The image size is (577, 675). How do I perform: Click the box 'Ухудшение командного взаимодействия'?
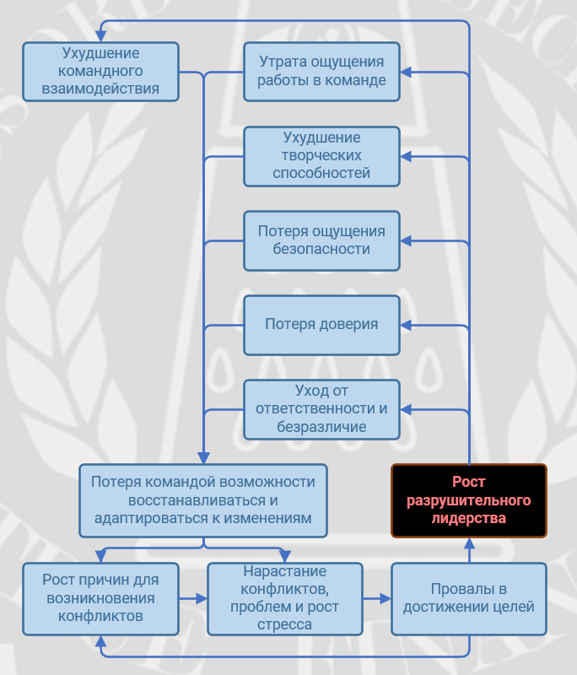100,72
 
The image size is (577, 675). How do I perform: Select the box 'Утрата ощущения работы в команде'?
321,72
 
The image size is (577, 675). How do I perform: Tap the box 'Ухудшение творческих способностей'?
321,156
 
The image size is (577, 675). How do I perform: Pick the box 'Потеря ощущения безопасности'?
321,240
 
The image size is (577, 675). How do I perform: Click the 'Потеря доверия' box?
321,325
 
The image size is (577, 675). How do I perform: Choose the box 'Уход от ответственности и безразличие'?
321,409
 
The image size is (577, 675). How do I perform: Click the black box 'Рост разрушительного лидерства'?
468,500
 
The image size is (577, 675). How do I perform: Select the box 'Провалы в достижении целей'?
468,598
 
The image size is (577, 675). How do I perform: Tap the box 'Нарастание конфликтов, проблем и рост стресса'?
284,598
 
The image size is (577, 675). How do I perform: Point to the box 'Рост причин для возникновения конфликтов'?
100,598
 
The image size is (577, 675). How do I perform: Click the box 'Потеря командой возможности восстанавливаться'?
202,500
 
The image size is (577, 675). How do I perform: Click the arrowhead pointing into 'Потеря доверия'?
406,325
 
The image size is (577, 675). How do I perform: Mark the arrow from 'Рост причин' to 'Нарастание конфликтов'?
193,598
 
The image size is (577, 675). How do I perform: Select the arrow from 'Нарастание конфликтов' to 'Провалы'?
377,598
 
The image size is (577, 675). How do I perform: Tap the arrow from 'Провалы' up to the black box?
468,549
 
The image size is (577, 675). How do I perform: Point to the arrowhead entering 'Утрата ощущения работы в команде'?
406,72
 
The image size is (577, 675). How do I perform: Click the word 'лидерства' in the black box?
468,519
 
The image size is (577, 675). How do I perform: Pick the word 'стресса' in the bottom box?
284,625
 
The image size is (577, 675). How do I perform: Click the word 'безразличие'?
321,427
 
